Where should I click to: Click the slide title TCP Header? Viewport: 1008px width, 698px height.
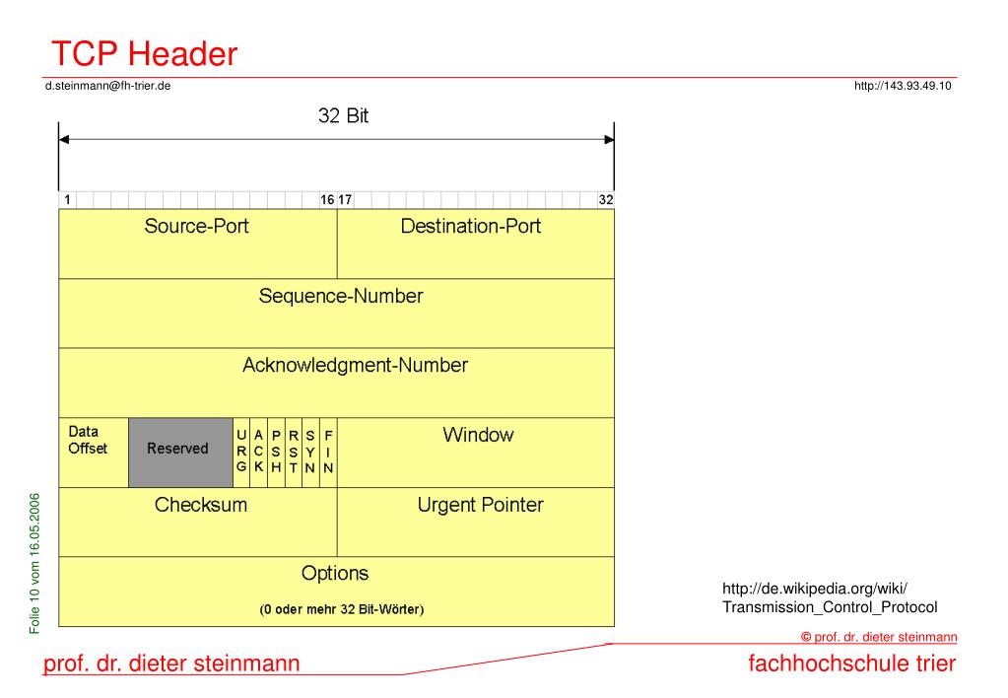(x=144, y=53)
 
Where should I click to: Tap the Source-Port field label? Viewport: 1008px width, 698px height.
(x=196, y=226)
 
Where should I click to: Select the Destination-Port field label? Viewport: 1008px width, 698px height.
(x=470, y=226)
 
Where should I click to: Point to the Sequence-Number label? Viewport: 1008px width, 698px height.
(x=341, y=296)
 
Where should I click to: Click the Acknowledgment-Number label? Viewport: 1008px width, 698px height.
(x=355, y=365)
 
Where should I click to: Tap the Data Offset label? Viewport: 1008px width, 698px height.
(x=88, y=440)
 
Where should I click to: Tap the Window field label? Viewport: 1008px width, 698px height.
(x=478, y=435)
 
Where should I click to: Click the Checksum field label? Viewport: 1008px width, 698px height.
(x=201, y=505)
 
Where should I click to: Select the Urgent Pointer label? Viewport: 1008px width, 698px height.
(x=480, y=505)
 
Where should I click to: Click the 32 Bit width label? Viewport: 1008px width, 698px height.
(x=344, y=115)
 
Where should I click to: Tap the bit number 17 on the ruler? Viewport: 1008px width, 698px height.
(x=345, y=199)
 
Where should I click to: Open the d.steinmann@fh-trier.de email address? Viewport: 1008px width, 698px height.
(x=108, y=86)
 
